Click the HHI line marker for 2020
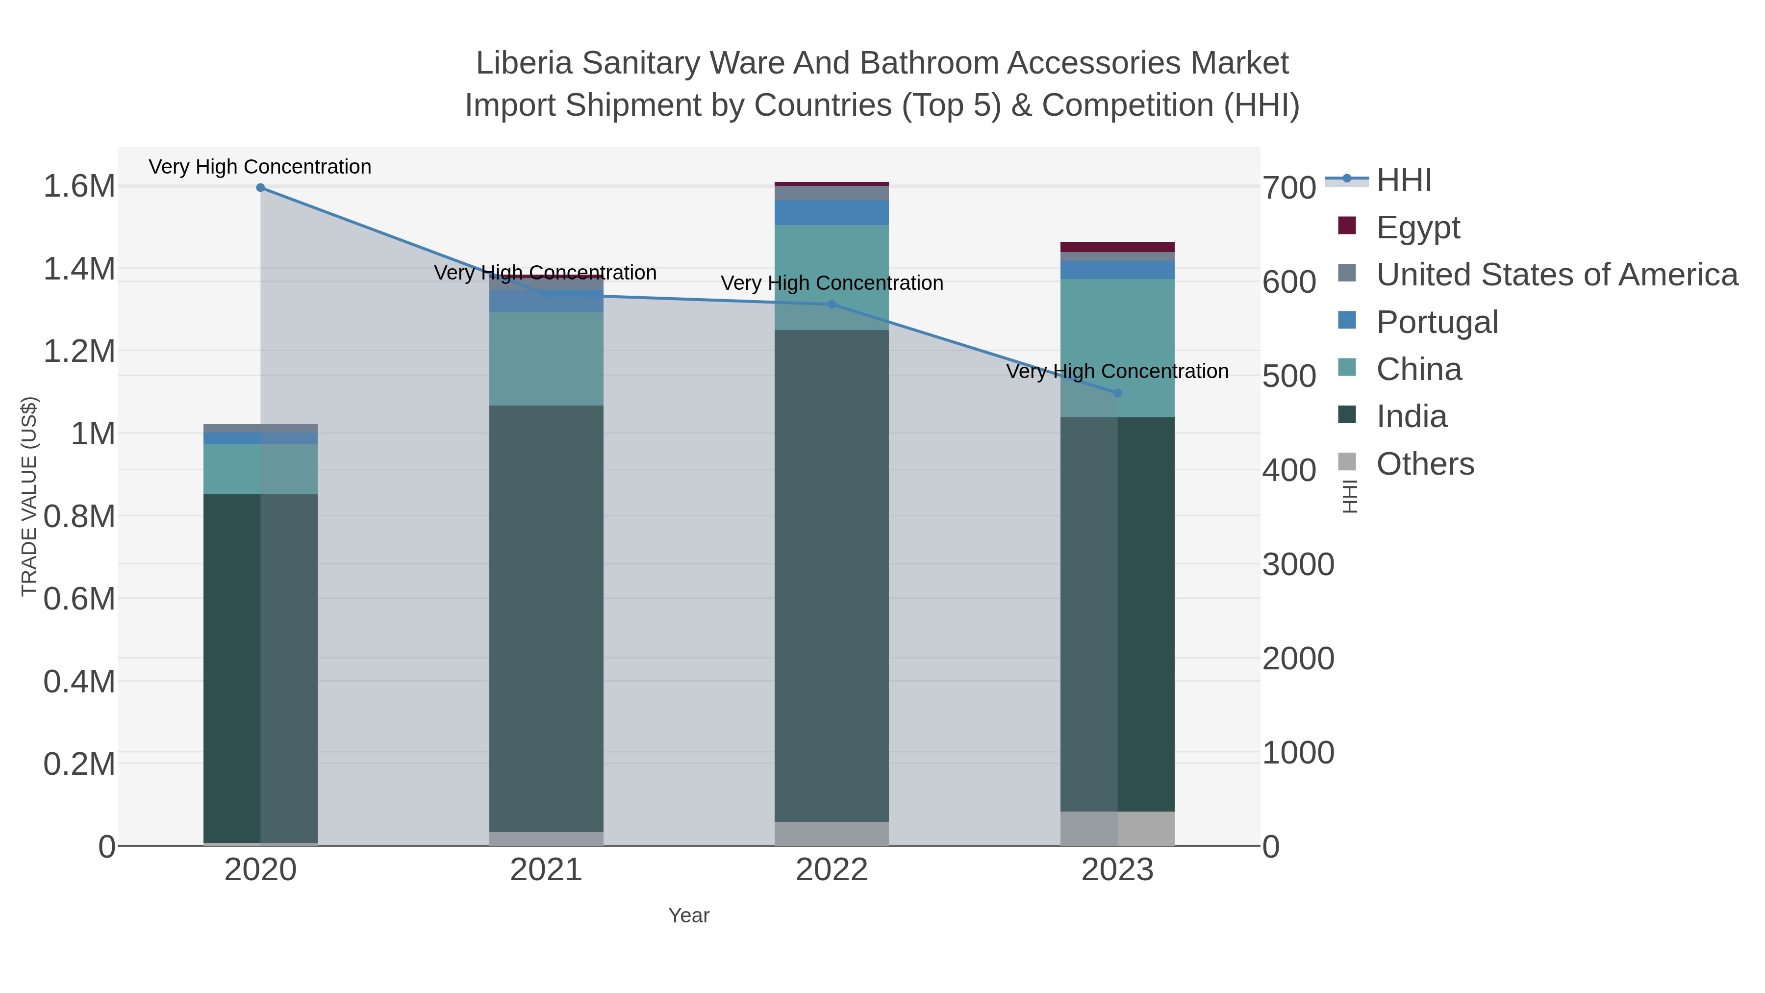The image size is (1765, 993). pyautogui.click(x=260, y=187)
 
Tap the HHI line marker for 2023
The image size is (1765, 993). pyautogui.click(x=1117, y=393)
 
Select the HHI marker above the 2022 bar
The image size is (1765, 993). pyautogui.click(x=832, y=304)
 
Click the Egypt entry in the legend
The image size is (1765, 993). pyautogui.click(x=1417, y=227)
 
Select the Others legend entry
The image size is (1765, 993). pyautogui.click(x=1424, y=464)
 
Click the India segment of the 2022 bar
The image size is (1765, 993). pyautogui.click(x=832, y=576)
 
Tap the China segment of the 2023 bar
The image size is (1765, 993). pyautogui.click(x=1117, y=348)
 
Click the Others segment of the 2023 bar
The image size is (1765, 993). pyautogui.click(x=1117, y=829)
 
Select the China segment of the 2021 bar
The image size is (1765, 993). pyautogui.click(x=546, y=358)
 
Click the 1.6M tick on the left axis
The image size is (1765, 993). pyautogui.click(x=79, y=186)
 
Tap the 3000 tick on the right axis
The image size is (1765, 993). pyautogui.click(x=1298, y=565)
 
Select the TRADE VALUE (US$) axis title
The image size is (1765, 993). pyautogui.click(x=29, y=496)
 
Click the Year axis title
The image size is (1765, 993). pyautogui.click(x=689, y=916)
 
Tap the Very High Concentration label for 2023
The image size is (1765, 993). pyautogui.click(x=1117, y=371)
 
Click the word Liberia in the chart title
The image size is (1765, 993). pyautogui.click(x=524, y=63)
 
